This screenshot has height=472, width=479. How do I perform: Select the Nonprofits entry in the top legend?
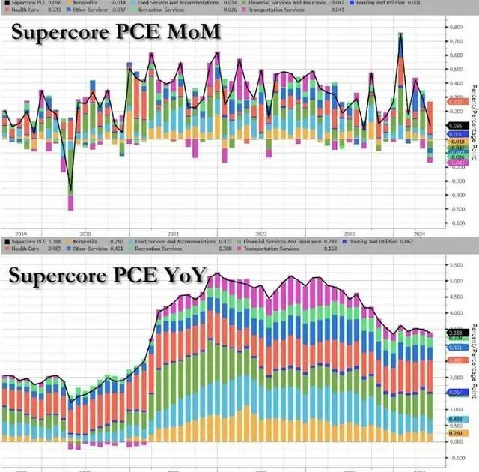click(88, 4)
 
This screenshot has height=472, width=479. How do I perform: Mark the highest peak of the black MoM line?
click(400, 34)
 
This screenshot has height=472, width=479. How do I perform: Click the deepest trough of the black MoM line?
click(71, 193)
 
